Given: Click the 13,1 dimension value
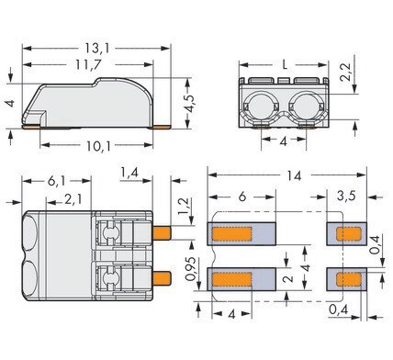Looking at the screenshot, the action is pyautogui.click(x=96, y=49).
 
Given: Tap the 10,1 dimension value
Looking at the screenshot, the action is pyautogui.click(x=98, y=146).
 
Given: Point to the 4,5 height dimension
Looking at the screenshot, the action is pyautogui.click(x=190, y=104).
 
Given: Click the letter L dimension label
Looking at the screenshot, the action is pyautogui.click(x=285, y=64).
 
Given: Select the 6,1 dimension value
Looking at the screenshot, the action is pyautogui.click(x=57, y=181).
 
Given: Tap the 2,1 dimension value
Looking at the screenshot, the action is pyautogui.click(x=73, y=200).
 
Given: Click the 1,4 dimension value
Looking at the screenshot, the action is pyautogui.click(x=129, y=173).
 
